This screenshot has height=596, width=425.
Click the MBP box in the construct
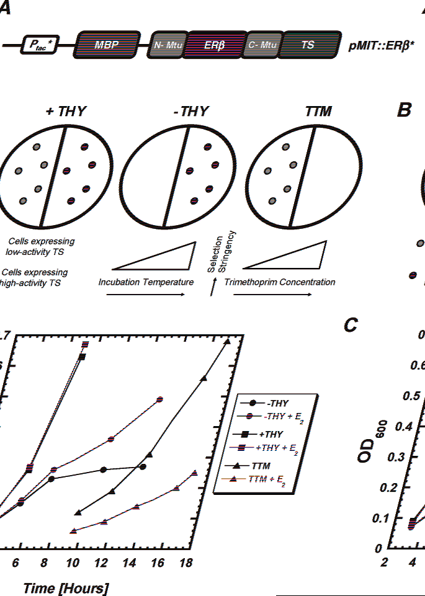tap(107, 45)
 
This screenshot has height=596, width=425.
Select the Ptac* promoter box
tap(38, 45)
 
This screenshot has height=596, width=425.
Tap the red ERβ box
tap(215, 45)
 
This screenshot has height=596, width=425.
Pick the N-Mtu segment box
tap(166, 45)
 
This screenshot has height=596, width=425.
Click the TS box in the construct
tap(308, 45)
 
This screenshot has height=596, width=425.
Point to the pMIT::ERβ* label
tap(382, 46)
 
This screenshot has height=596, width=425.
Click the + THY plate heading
tap(65, 112)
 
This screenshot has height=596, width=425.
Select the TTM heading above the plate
tap(318, 112)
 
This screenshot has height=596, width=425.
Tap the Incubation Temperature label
tap(146, 282)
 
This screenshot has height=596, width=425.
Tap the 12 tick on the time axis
tap(101, 563)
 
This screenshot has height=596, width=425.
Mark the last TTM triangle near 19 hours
tap(227, 341)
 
